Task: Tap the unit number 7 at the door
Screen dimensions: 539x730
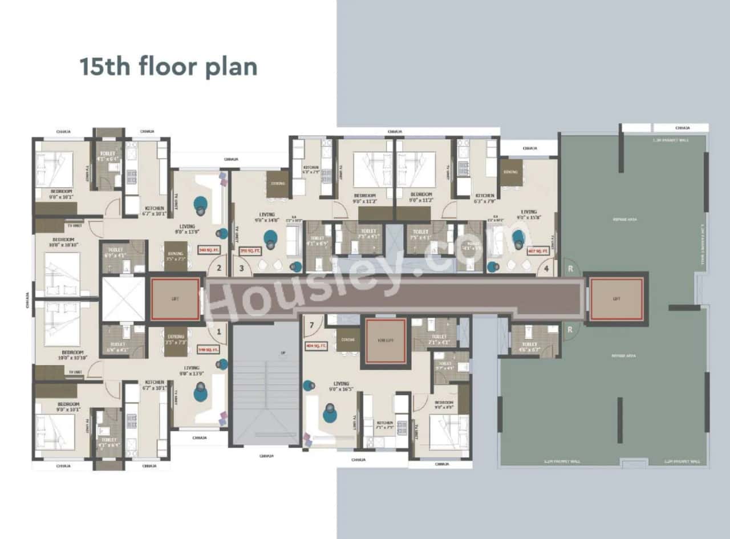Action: [311, 326]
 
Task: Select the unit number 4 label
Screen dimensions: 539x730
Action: [546, 268]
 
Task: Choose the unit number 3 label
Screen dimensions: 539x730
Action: [241, 268]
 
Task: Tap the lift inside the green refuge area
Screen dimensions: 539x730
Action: [616, 299]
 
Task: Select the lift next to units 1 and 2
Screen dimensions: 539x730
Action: [175, 298]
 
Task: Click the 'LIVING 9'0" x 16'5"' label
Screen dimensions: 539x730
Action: [342, 387]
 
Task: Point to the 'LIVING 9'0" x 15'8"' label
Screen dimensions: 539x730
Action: [528, 214]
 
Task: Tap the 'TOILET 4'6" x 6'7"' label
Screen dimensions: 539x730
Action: [529, 347]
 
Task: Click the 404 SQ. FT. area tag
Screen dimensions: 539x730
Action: [315, 346]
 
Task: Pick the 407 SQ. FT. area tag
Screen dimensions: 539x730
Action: [538, 250]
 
